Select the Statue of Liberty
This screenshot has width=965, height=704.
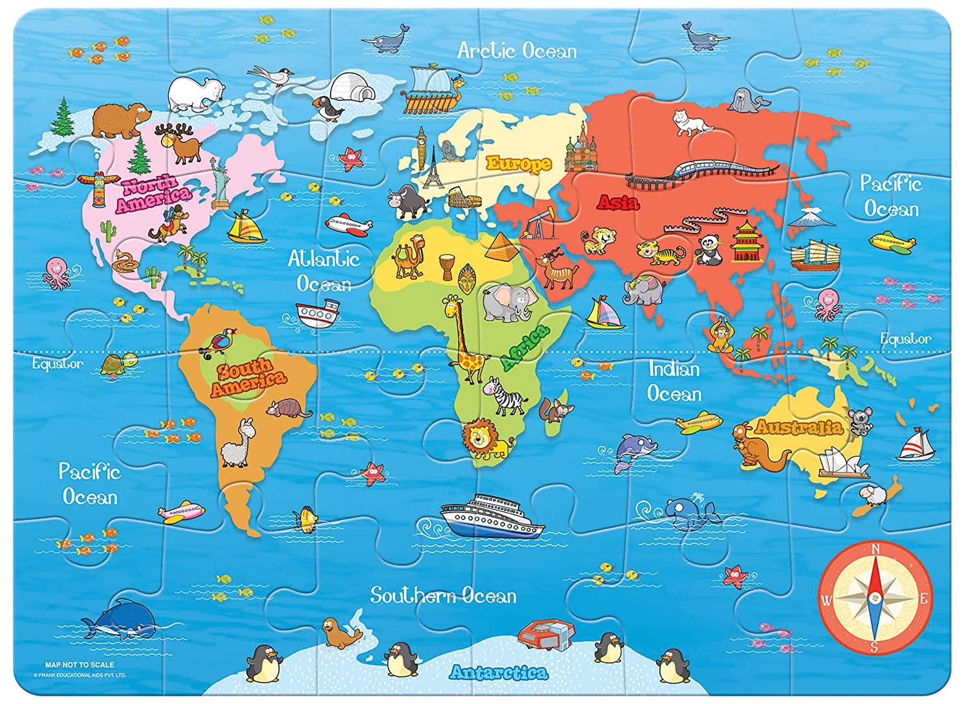221,183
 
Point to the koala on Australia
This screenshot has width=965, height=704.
859,420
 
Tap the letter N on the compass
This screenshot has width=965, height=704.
875,549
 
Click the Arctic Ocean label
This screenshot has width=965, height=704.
517,51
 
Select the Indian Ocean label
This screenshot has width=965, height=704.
674,381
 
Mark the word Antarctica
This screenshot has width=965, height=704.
499,672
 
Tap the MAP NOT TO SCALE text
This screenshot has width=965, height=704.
80,664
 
